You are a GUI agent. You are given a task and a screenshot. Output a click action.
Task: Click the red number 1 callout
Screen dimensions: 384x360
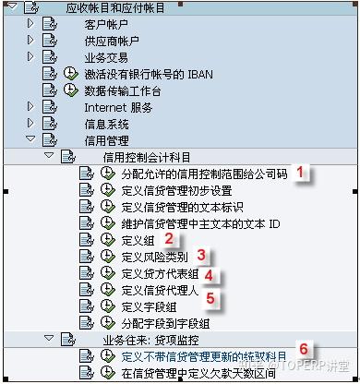[x=300, y=172]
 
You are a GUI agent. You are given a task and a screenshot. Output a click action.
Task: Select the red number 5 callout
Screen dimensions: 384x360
[x=210, y=298]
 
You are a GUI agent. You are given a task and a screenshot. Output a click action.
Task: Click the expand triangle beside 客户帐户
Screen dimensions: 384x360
[x=31, y=25]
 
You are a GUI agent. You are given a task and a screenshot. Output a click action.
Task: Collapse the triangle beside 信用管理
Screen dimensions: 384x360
[x=31, y=140]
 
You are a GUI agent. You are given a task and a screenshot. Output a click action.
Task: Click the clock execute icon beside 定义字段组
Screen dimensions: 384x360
[x=107, y=306]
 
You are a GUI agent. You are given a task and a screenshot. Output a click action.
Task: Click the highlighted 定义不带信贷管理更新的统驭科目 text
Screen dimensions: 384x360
[x=204, y=356]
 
